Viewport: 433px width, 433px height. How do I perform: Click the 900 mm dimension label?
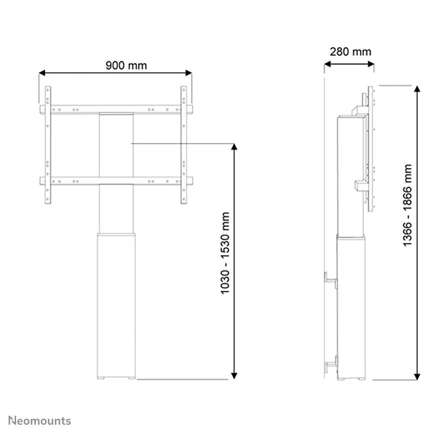point(126,65)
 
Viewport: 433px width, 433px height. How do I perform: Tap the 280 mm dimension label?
point(350,52)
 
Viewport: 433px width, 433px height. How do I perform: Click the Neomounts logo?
point(40,420)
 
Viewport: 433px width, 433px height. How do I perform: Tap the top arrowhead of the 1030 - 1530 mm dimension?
point(234,148)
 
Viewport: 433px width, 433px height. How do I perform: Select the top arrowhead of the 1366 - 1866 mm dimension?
point(417,89)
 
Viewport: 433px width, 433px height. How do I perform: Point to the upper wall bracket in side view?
point(331,279)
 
